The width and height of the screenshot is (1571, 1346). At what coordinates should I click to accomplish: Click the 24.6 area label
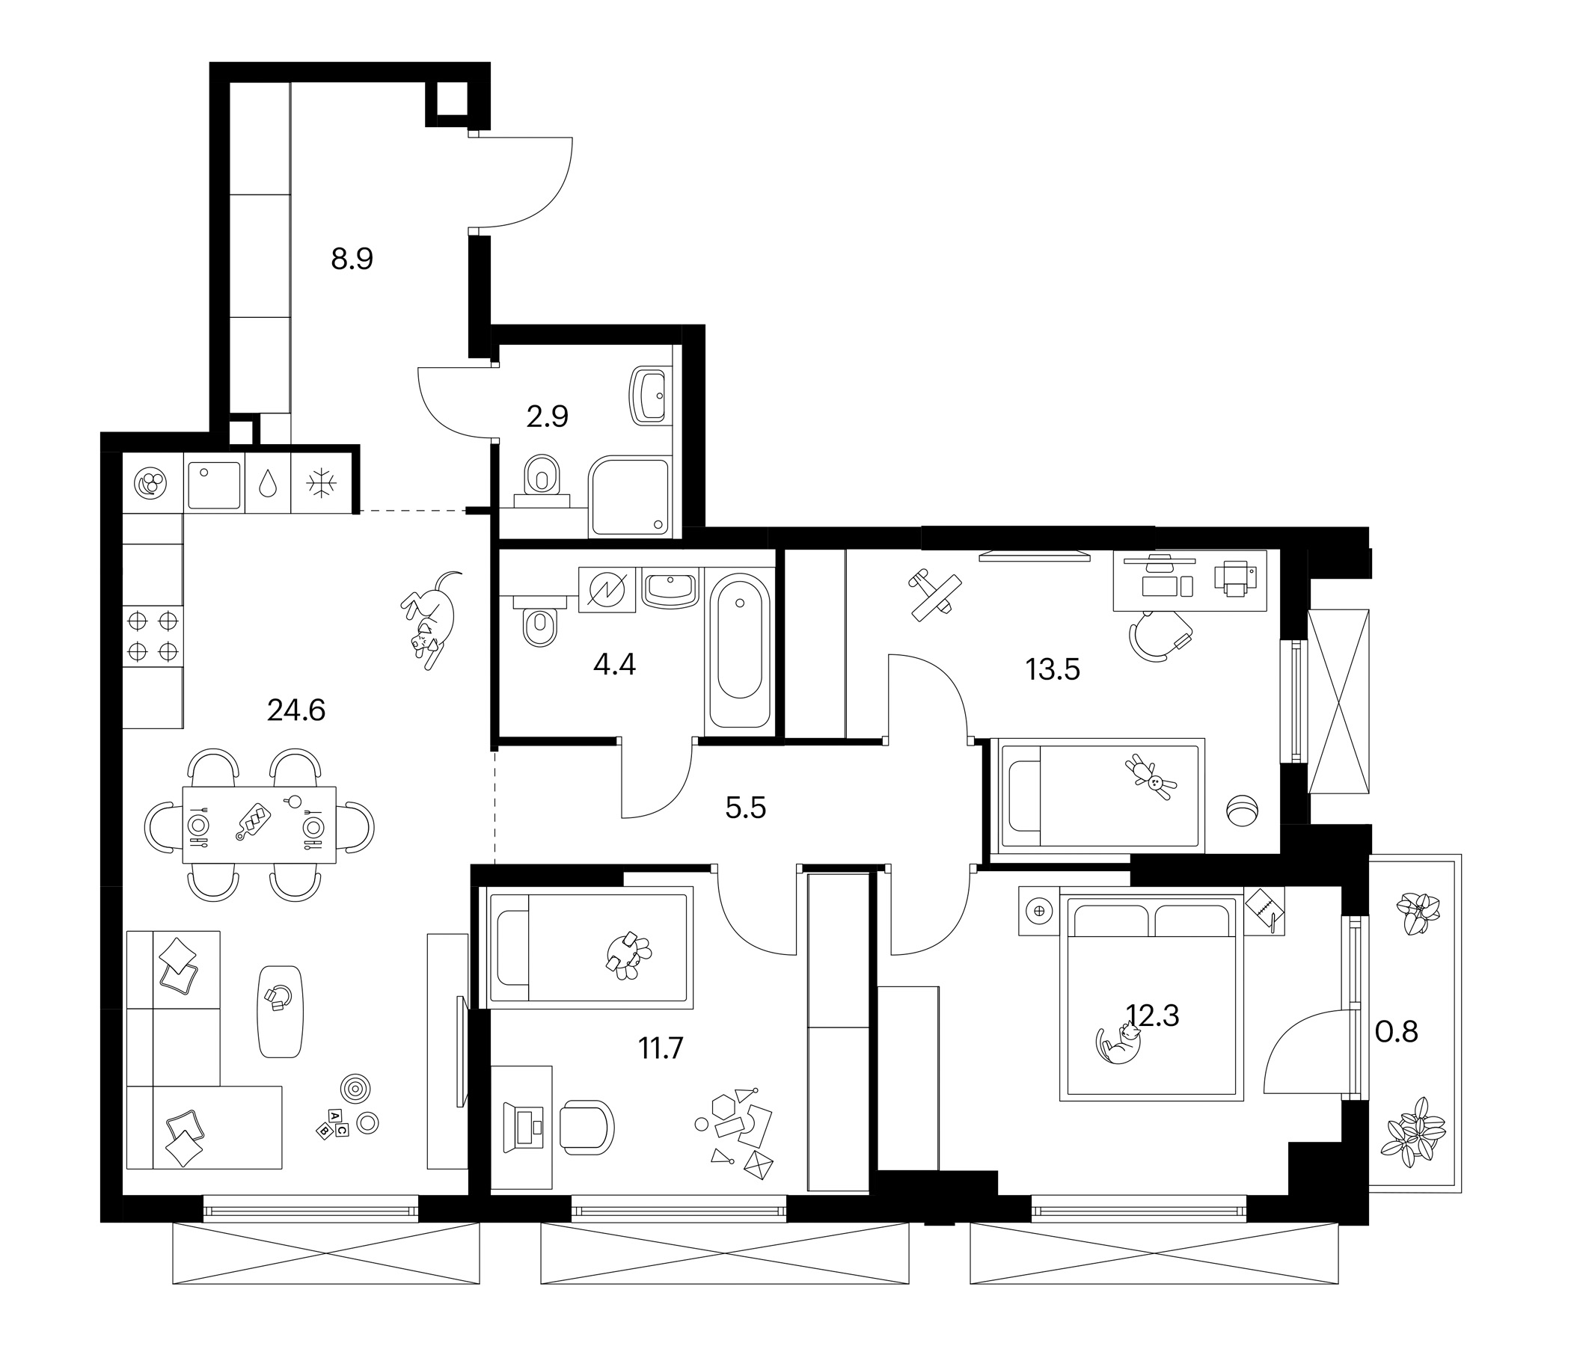click(x=295, y=710)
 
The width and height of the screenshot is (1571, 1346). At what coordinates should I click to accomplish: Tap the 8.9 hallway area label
click(x=352, y=259)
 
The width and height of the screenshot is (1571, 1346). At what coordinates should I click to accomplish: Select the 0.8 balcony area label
click(x=1396, y=1031)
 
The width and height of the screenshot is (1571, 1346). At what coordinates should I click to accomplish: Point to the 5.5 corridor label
click(x=745, y=808)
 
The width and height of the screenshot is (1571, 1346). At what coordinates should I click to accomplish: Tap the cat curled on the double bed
click(x=1119, y=1043)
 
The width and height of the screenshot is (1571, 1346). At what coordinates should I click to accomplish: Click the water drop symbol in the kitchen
click(x=268, y=483)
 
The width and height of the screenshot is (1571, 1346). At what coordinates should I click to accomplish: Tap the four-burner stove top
click(x=153, y=636)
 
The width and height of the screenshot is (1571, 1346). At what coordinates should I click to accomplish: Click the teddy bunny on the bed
click(x=1154, y=776)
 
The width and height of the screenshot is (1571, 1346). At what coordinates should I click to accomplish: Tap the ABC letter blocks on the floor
click(x=332, y=1123)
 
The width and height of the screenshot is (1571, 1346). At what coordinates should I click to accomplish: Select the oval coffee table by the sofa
click(x=280, y=1011)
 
